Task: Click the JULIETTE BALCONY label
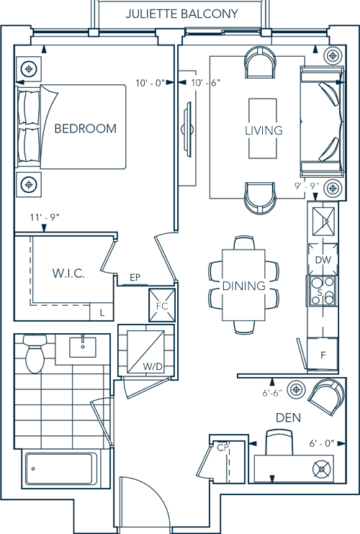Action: pyautogui.click(x=181, y=14)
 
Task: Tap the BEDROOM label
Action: pyautogui.click(x=86, y=128)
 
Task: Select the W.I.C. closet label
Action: pyautogui.click(x=68, y=273)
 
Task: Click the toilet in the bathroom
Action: pyautogui.click(x=35, y=353)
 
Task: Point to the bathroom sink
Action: pyautogui.click(x=83, y=347)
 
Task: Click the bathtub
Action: pyautogui.click(x=59, y=469)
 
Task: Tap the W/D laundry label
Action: pyautogui.click(x=153, y=366)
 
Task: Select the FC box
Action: pyautogui.click(x=162, y=305)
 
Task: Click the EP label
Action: pyautogui.click(x=135, y=278)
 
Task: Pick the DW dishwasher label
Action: pyautogui.click(x=323, y=260)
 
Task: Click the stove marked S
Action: pyautogui.click(x=323, y=291)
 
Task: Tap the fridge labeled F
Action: pyautogui.click(x=323, y=355)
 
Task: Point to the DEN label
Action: pyautogui.click(x=288, y=417)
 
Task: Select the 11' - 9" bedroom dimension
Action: pyautogui.click(x=45, y=217)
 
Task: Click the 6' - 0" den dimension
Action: pyautogui.click(x=322, y=443)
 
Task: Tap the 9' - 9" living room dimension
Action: pyautogui.click(x=307, y=186)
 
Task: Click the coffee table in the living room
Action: pyautogui.click(x=262, y=128)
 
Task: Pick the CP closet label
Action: pyautogui.click(x=222, y=448)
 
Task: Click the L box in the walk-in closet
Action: pyautogui.click(x=102, y=312)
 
